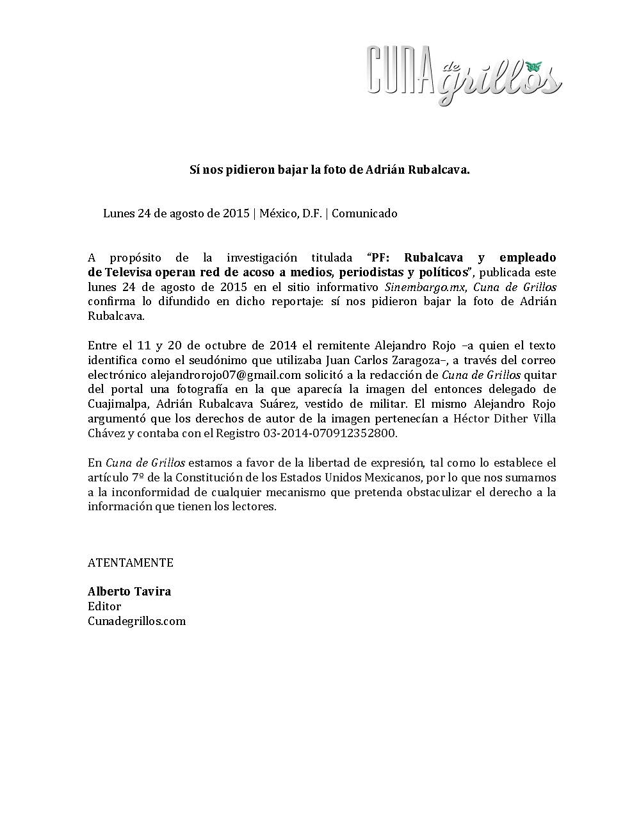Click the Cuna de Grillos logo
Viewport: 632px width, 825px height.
(x=464, y=75)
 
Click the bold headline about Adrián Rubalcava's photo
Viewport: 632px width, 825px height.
(x=330, y=170)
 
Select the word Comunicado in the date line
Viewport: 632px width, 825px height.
(x=364, y=213)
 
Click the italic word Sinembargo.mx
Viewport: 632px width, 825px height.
(x=425, y=287)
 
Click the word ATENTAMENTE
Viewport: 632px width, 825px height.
(x=131, y=563)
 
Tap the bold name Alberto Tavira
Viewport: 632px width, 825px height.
(x=129, y=592)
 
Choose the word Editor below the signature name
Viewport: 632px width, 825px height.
(x=104, y=606)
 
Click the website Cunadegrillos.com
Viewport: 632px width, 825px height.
(x=136, y=621)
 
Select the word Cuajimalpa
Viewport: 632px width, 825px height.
(x=118, y=404)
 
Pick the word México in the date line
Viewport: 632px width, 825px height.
(x=278, y=213)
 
